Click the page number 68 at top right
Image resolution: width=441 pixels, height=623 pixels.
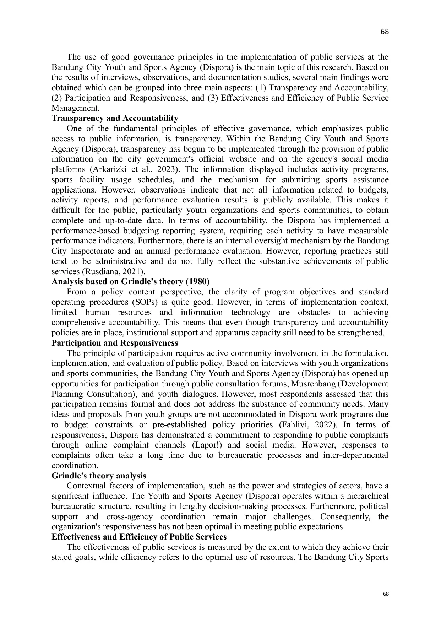385,32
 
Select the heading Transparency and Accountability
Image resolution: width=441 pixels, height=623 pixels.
115,118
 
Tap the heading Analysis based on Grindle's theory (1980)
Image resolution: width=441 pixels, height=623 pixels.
130,282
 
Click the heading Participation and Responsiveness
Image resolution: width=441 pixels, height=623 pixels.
115,343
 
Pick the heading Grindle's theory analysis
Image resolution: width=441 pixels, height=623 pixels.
99,476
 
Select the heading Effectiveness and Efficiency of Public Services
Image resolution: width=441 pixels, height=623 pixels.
139,537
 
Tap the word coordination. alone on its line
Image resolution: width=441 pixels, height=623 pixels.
75,466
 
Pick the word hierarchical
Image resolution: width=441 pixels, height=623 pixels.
368,496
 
